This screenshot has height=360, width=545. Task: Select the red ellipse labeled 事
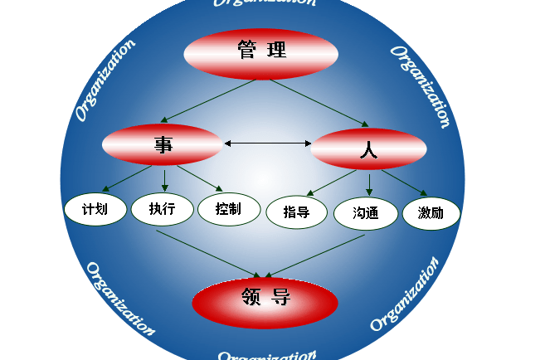[162, 144]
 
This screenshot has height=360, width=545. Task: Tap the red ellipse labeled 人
[368, 149]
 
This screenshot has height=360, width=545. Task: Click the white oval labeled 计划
[95, 208]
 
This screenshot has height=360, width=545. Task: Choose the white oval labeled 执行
[162, 209]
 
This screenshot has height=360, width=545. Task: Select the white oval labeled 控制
[228, 209]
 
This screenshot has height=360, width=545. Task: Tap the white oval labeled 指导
[297, 212]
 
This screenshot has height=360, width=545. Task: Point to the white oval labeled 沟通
[366, 213]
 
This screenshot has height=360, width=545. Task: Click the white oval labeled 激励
[431, 213]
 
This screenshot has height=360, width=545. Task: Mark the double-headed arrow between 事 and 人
[267, 144]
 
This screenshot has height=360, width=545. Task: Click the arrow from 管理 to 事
[207, 101]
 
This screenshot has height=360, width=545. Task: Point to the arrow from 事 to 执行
[164, 179]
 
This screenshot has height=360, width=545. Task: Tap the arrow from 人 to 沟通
[370, 184]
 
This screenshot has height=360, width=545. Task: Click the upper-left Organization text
[105, 80]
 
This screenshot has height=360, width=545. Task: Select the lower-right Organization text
[404, 294]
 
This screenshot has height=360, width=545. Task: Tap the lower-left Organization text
[120, 299]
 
